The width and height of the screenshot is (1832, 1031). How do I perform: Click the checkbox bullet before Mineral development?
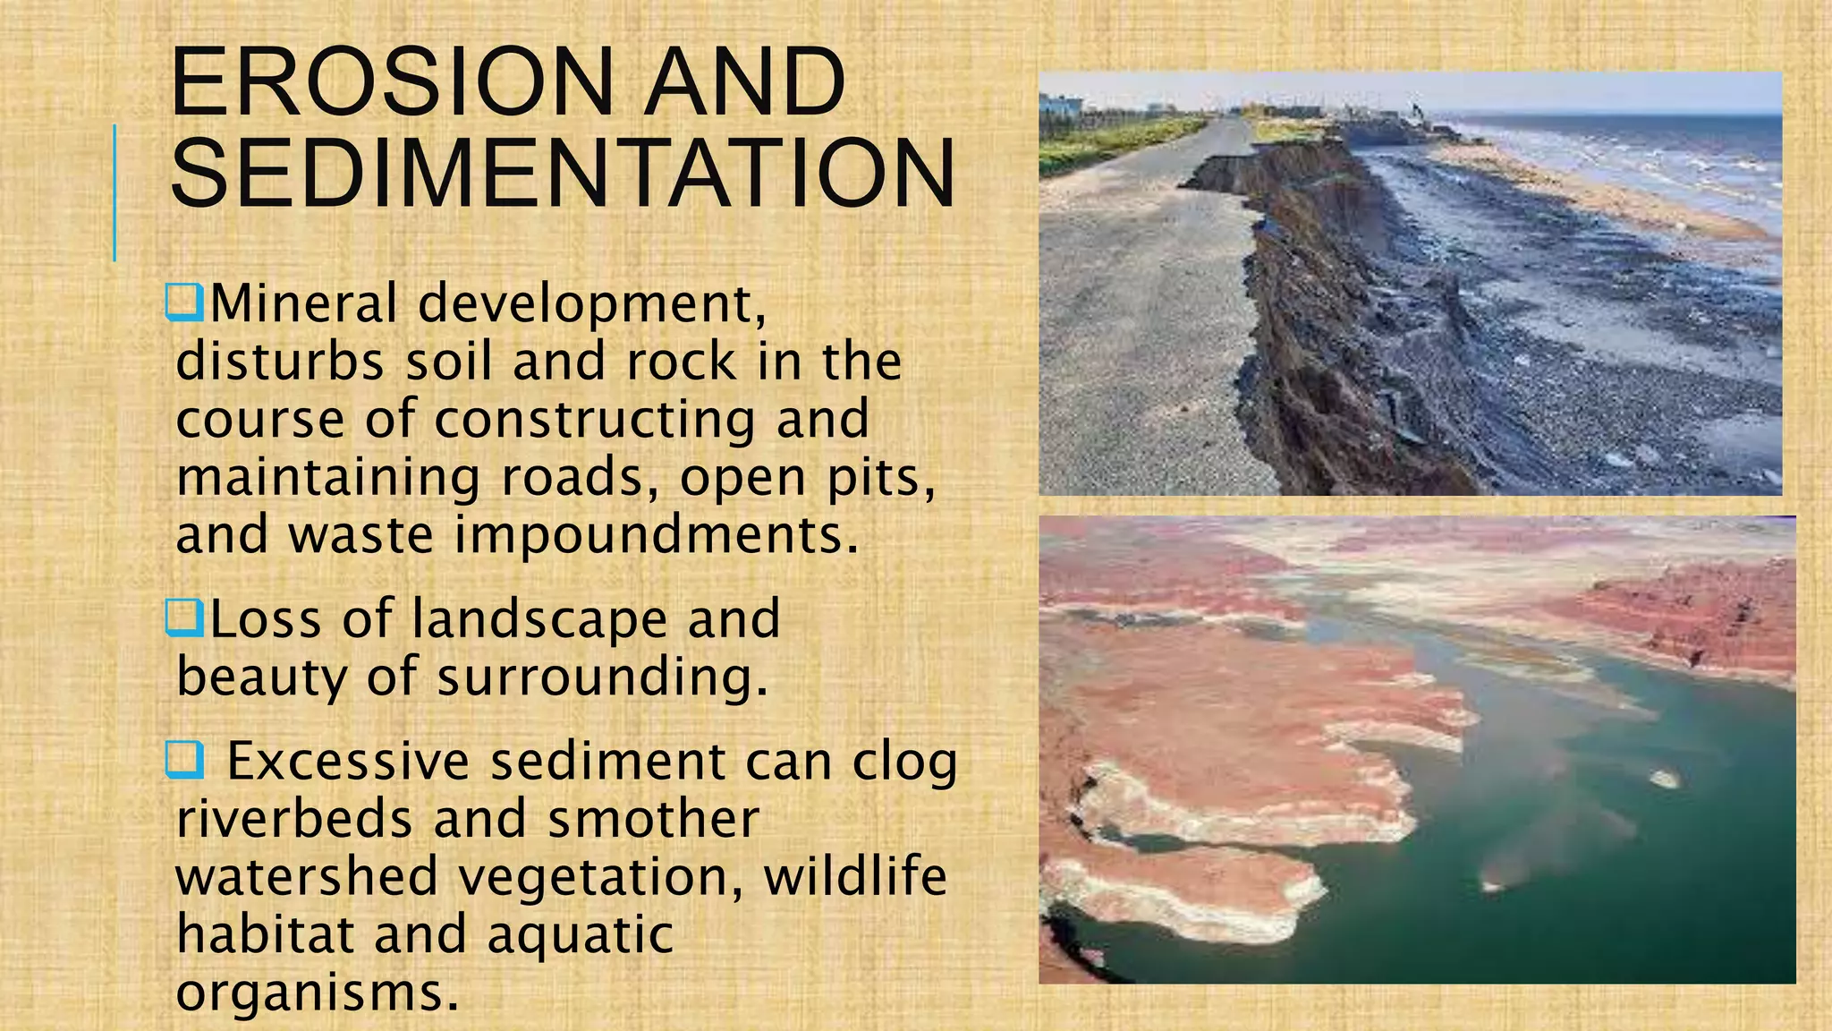pos(185,302)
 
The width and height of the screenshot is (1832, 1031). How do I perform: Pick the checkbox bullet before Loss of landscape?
pos(185,618)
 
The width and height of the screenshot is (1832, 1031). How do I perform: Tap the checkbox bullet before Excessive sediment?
pos(184,761)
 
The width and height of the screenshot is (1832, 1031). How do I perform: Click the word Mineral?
pos(303,303)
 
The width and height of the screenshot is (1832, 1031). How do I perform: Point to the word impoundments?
pos(657,534)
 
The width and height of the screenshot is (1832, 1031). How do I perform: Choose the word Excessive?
pos(348,762)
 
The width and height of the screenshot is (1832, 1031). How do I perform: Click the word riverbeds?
pos(294,819)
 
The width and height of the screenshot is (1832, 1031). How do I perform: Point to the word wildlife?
pos(854,876)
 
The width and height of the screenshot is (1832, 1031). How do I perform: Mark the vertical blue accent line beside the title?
pos(114,192)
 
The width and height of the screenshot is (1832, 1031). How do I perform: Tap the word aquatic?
pos(580,934)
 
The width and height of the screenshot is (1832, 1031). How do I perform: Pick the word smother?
pos(653,819)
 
